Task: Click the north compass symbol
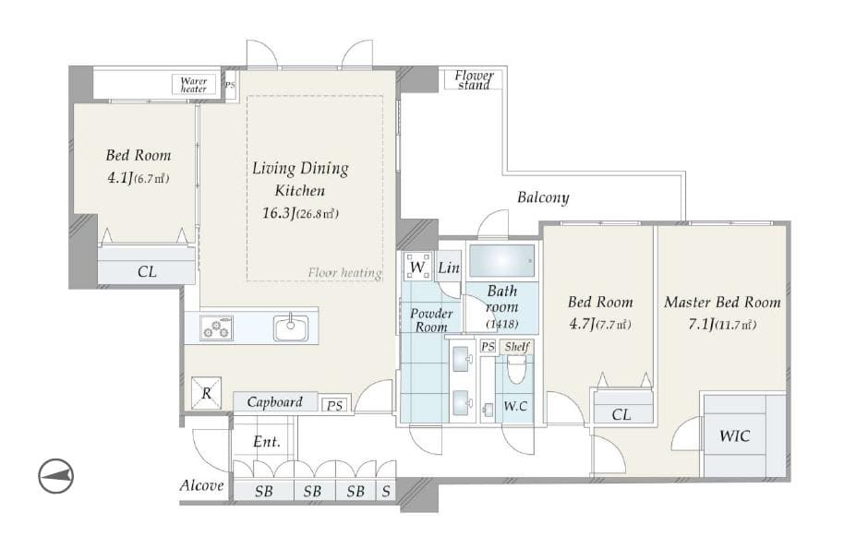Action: [55, 476]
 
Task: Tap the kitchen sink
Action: [291, 328]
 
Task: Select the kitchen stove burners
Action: [216, 328]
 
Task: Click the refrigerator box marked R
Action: [206, 393]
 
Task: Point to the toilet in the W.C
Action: [515, 370]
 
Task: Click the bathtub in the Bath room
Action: [501, 261]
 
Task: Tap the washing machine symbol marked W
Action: [417, 267]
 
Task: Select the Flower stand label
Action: [474, 79]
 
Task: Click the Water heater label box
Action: [194, 85]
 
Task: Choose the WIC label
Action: [734, 435]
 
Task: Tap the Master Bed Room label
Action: [722, 303]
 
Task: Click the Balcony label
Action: [543, 197]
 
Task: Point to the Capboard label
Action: [274, 401]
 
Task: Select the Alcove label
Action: [202, 485]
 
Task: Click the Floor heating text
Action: [345, 273]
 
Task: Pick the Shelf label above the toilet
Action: [517, 347]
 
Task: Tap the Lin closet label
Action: [449, 268]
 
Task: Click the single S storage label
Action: [386, 491]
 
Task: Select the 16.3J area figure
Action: [278, 213]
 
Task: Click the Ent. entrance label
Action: [267, 442]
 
